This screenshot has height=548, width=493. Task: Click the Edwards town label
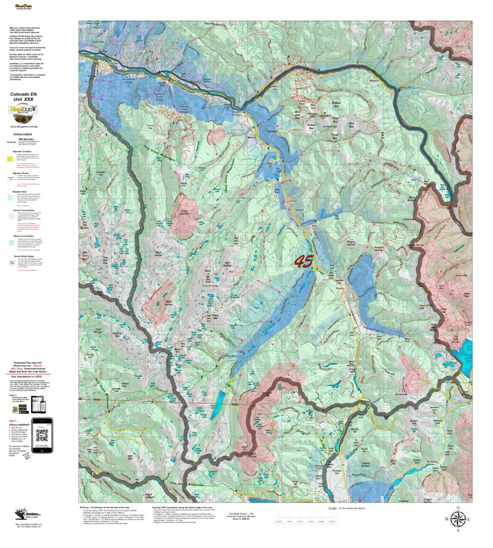click(x=113, y=64)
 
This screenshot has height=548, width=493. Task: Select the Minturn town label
click(x=251, y=137)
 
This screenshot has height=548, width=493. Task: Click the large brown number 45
click(x=303, y=261)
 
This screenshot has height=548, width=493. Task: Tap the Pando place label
click(x=341, y=288)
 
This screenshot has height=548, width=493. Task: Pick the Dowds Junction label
click(x=236, y=113)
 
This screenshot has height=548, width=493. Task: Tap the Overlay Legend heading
click(x=23, y=134)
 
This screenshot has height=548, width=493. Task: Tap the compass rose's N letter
click(x=458, y=508)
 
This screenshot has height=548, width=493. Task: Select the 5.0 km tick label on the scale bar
click(x=331, y=521)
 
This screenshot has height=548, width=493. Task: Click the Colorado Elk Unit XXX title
click(x=23, y=96)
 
